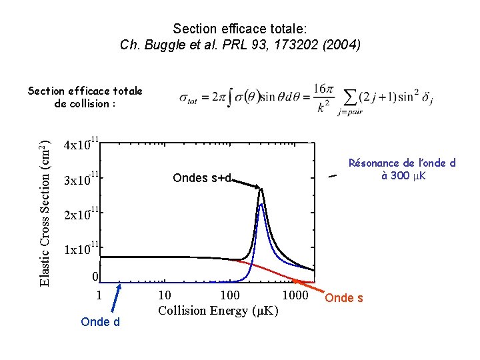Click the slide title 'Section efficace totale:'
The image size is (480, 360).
click(x=240, y=29)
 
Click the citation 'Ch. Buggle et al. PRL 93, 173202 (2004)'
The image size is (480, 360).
click(x=240, y=45)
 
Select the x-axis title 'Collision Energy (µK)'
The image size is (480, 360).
click(x=218, y=311)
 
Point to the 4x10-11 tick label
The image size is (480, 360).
click(x=81, y=144)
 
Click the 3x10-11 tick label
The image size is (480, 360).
click(x=81, y=179)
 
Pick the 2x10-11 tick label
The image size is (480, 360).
click(x=81, y=215)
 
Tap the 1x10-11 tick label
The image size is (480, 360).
click(x=81, y=249)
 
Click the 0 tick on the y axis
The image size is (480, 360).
click(x=95, y=277)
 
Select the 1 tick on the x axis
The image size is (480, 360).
click(x=99, y=295)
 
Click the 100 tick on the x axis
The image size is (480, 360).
click(x=231, y=295)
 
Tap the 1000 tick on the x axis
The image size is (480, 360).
click(x=296, y=295)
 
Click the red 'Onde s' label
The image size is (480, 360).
click(x=345, y=298)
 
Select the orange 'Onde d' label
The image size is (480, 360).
click(x=99, y=322)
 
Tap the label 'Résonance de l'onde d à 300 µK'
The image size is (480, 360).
click(x=402, y=169)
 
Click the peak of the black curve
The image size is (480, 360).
click(x=262, y=189)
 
